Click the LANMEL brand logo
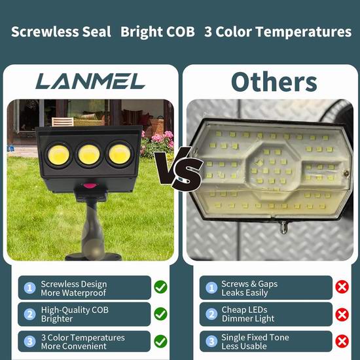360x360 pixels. coord(90,81)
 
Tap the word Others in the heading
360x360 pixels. coord(274,82)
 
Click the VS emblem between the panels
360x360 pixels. coord(179,168)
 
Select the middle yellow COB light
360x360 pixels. coord(89,154)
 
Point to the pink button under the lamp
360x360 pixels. coord(90,185)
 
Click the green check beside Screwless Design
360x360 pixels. coord(160,287)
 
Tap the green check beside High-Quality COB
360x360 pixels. coord(160,314)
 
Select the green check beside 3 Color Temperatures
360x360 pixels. coord(160,341)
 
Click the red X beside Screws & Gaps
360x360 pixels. coord(342,287)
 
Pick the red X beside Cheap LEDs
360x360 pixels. coord(342,314)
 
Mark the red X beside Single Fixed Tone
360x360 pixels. coord(342,341)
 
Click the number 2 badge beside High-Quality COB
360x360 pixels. coord(30,314)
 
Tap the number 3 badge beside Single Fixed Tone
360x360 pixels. coord(211,341)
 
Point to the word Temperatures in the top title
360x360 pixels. coord(304,31)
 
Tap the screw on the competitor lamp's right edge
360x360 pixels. coord(346,173)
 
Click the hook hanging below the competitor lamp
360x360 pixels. coord(284,228)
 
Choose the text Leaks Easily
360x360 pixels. coord(245,293)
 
